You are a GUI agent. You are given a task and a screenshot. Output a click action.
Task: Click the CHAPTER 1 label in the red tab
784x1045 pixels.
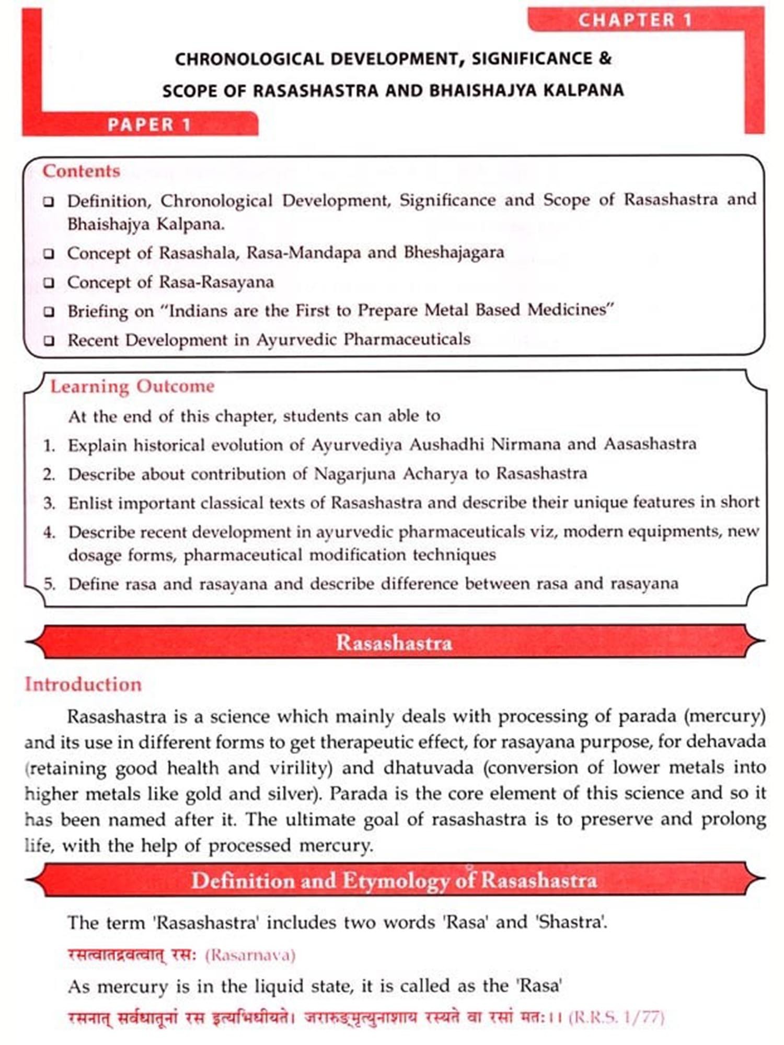[635, 20]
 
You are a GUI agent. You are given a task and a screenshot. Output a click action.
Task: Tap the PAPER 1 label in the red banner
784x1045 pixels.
[149, 124]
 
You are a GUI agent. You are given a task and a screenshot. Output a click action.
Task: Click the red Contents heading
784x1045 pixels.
[81, 171]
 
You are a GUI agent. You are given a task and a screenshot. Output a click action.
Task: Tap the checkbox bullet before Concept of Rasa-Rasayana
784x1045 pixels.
[49, 283]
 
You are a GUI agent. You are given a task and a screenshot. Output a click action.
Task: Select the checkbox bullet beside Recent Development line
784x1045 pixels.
[49, 341]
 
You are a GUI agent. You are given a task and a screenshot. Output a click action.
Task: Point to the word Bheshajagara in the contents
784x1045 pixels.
[454, 252]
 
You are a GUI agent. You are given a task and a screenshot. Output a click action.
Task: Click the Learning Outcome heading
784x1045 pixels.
[132, 386]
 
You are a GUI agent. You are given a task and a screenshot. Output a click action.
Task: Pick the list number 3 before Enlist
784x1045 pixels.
[49, 503]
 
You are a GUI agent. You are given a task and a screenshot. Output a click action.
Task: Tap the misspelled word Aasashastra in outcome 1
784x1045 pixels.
[650, 444]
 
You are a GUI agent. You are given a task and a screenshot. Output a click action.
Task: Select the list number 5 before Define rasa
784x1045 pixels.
[49, 584]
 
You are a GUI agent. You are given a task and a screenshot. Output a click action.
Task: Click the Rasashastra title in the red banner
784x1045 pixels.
[394, 642]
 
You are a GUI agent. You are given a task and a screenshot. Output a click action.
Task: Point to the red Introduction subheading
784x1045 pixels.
[83, 684]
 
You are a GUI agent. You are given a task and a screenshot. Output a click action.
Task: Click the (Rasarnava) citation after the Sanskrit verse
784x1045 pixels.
[250, 955]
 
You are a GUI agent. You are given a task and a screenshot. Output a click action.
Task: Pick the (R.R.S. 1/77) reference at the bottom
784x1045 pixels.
[616, 1017]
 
